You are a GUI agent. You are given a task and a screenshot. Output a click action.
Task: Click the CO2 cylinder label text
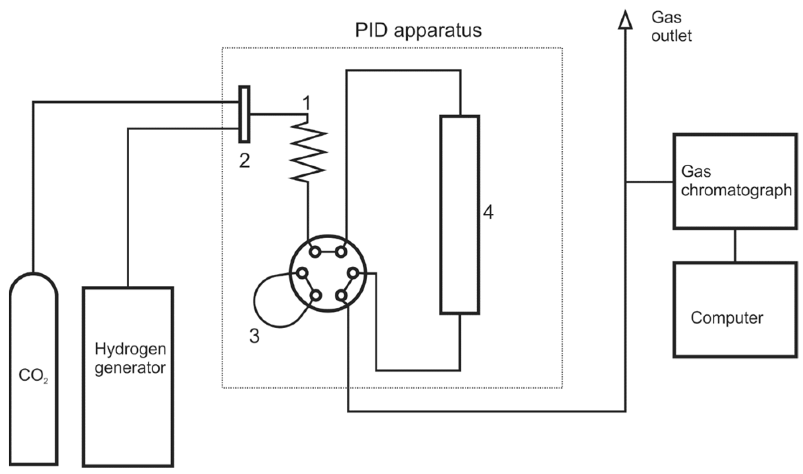click(x=33, y=376)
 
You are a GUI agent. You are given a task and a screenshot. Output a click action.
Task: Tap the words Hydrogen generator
click(x=130, y=358)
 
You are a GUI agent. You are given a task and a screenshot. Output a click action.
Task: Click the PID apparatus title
click(x=418, y=31)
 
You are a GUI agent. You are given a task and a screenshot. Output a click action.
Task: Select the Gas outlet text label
click(x=671, y=27)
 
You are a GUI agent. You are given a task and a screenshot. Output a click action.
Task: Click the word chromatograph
click(x=736, y=190)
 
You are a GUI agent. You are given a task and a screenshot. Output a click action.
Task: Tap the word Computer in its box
click(x=727, y=318)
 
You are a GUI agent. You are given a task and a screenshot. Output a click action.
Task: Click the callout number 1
click(x=307, y=103)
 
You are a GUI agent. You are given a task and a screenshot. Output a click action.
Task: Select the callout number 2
click(x=244, y=161)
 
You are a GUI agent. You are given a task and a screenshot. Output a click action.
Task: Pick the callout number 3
click(x=254, y=336)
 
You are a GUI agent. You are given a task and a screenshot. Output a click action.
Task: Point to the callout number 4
click(x=488, y=212)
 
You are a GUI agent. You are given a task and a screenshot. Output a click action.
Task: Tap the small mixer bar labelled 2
click(x=244, y=114)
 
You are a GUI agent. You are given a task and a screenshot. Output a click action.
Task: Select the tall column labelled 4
click(x=459, y=215)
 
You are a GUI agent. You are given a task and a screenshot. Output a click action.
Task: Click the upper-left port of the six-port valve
click(x=315, y=252)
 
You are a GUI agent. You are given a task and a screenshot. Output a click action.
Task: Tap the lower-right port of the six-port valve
click(x=341, y=296)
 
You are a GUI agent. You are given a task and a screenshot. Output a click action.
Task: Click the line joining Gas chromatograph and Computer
click(x=735, y=245)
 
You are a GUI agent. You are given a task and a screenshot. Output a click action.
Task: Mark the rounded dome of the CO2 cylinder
click(x=33, y=283)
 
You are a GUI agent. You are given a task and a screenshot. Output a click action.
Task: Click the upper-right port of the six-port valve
click(x=341, y=252)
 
